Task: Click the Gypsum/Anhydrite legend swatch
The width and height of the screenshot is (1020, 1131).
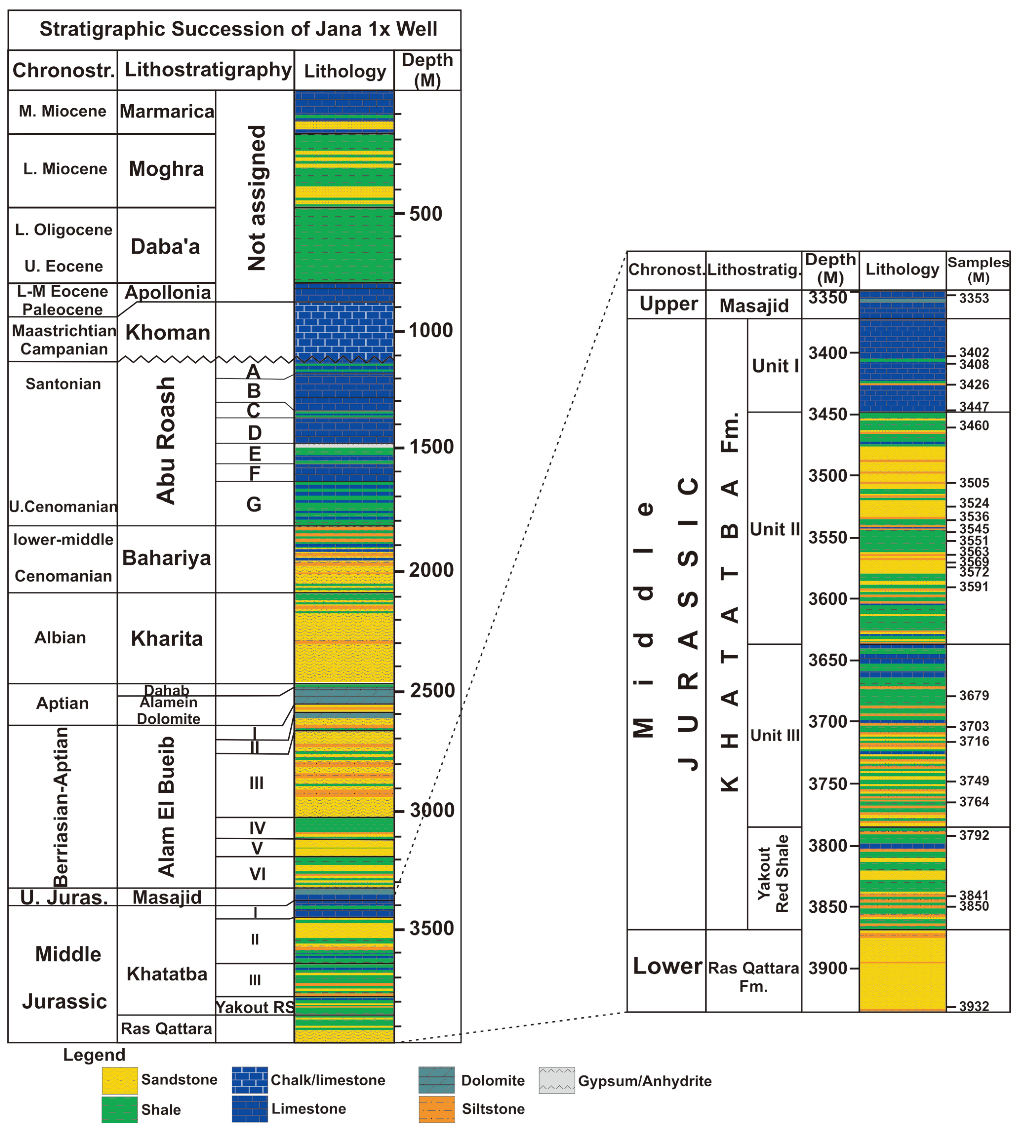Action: (556, 1080)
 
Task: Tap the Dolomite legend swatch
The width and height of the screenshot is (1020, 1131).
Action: (436, 1080)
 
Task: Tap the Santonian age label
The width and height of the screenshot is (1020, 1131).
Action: (63, 384)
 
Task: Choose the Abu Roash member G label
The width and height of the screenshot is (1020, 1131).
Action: (254, 504)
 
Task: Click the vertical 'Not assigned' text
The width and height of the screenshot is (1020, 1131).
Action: (257, 198)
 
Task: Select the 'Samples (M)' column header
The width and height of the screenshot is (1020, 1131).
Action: (978, 270)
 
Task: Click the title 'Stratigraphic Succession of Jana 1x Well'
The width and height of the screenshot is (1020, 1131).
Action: (238, 29)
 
